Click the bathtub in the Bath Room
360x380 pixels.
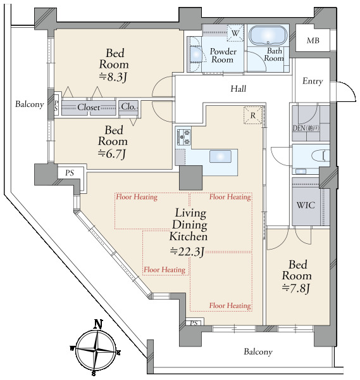click(x=268, y=35)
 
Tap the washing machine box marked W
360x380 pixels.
click(x=235, y=32)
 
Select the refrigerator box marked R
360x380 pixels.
click(x=252, y=115)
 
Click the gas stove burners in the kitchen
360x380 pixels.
click(x=184, y=137)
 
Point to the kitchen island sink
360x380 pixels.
click(x=220, y=156)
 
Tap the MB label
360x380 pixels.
click(x=313, y=41)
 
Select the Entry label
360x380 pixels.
click(x=313, y=81)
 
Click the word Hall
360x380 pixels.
click(x=239, y=89)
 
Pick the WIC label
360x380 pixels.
click(x=306, y=205)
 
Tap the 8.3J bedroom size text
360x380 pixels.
click(x=113, y=77)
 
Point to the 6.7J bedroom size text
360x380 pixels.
click(x=112, y=154)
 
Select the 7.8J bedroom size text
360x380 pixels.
click(x=296, y=288)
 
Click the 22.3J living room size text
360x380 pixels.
click(x=187, y=251)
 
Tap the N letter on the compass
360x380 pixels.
click(x=98, y=324)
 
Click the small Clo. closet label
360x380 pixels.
click(x=128, y=106)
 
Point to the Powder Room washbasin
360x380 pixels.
click(x=196, y=54)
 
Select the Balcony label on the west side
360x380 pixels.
click(x=30, y=104)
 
